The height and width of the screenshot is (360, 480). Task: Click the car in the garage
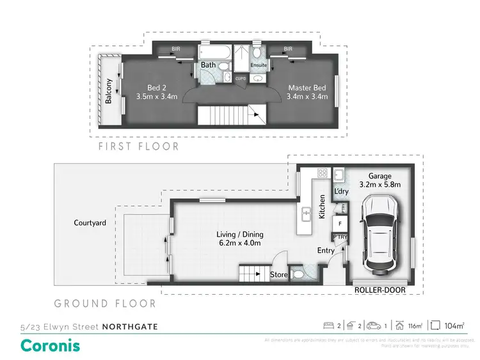tap(382, 234)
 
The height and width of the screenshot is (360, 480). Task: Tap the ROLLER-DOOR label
tap(382, 290)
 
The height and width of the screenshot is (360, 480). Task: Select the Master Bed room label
tap(308, 92)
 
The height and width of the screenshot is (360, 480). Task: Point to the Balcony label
tap(109, 91)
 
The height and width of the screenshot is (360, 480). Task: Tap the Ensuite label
tap(258, 65)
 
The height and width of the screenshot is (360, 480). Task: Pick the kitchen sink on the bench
tap(307, 214)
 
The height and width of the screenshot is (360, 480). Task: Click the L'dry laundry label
tap(340, 191)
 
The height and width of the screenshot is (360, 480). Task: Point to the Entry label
tap(326, 251)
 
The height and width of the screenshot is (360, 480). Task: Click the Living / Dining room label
tap(239, 239)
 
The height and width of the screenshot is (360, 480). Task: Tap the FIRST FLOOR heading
tap(138, 146)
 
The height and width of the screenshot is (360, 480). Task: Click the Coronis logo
tap(51, 345)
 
